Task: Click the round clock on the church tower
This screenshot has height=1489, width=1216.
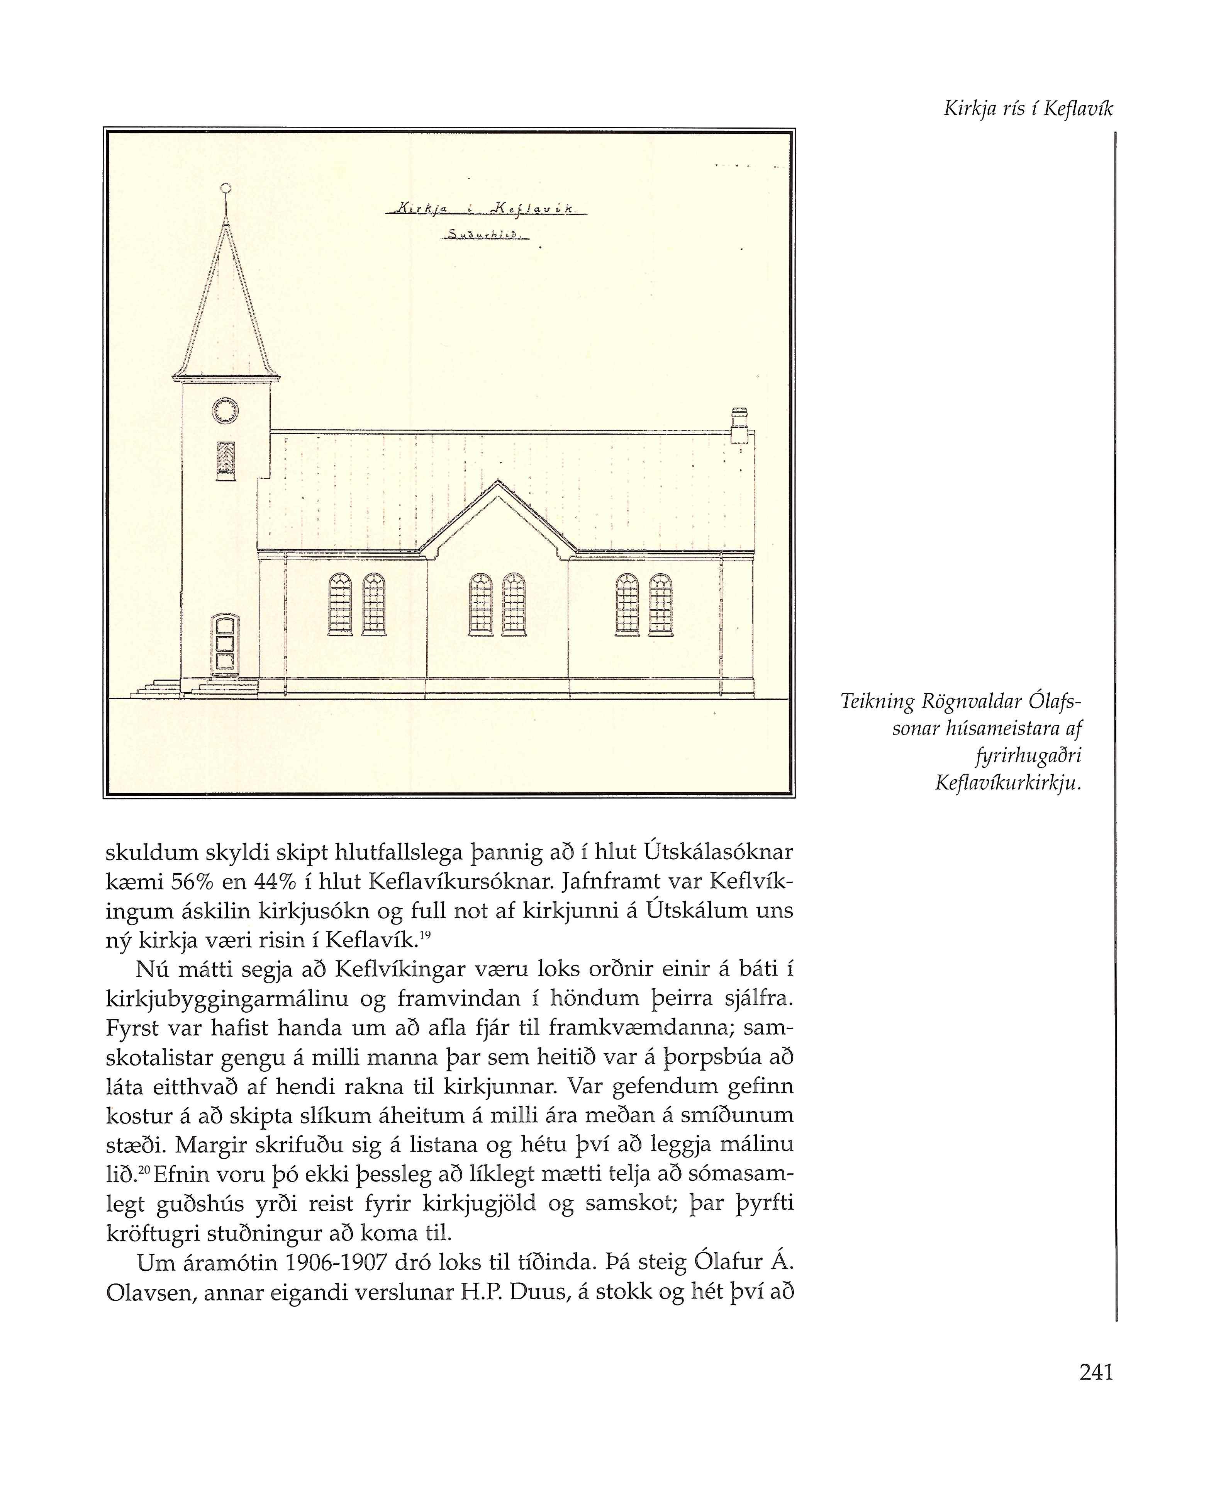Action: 225,411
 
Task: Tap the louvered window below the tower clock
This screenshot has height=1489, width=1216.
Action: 226,461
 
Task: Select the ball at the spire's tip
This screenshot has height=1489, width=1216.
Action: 225,188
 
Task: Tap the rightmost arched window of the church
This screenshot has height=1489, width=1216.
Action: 661,604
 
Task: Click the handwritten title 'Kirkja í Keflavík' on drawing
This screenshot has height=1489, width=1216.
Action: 485,208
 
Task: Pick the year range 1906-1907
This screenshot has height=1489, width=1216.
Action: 336,1262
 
